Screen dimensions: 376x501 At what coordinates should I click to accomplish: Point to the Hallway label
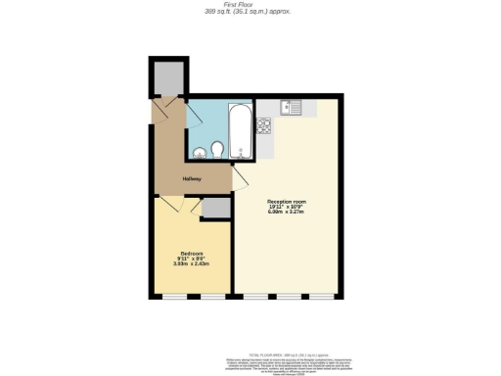point(192,179)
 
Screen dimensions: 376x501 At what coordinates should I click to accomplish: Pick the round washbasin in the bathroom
point(199,152)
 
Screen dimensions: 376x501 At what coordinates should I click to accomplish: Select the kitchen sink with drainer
point(294,108)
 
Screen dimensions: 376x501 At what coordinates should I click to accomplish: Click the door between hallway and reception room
point(237,179)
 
